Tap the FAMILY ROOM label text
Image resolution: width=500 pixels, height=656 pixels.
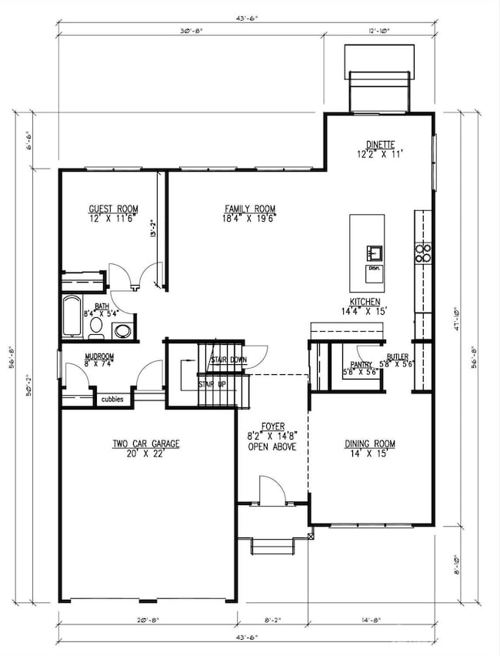[x=250, y=209]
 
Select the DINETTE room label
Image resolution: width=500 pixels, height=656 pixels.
[x=379, y=144]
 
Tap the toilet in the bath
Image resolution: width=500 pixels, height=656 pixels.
[x=96, y=327]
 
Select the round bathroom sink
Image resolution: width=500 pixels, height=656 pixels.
[x=122, y=332]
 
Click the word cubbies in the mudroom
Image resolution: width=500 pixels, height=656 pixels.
[x=113, y=399]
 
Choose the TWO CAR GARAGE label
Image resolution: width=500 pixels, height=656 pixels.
[x=145, y=443]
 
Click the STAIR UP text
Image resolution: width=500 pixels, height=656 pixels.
[x=212, y=383]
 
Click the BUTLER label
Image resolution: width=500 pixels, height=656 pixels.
[x=397, y=357]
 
